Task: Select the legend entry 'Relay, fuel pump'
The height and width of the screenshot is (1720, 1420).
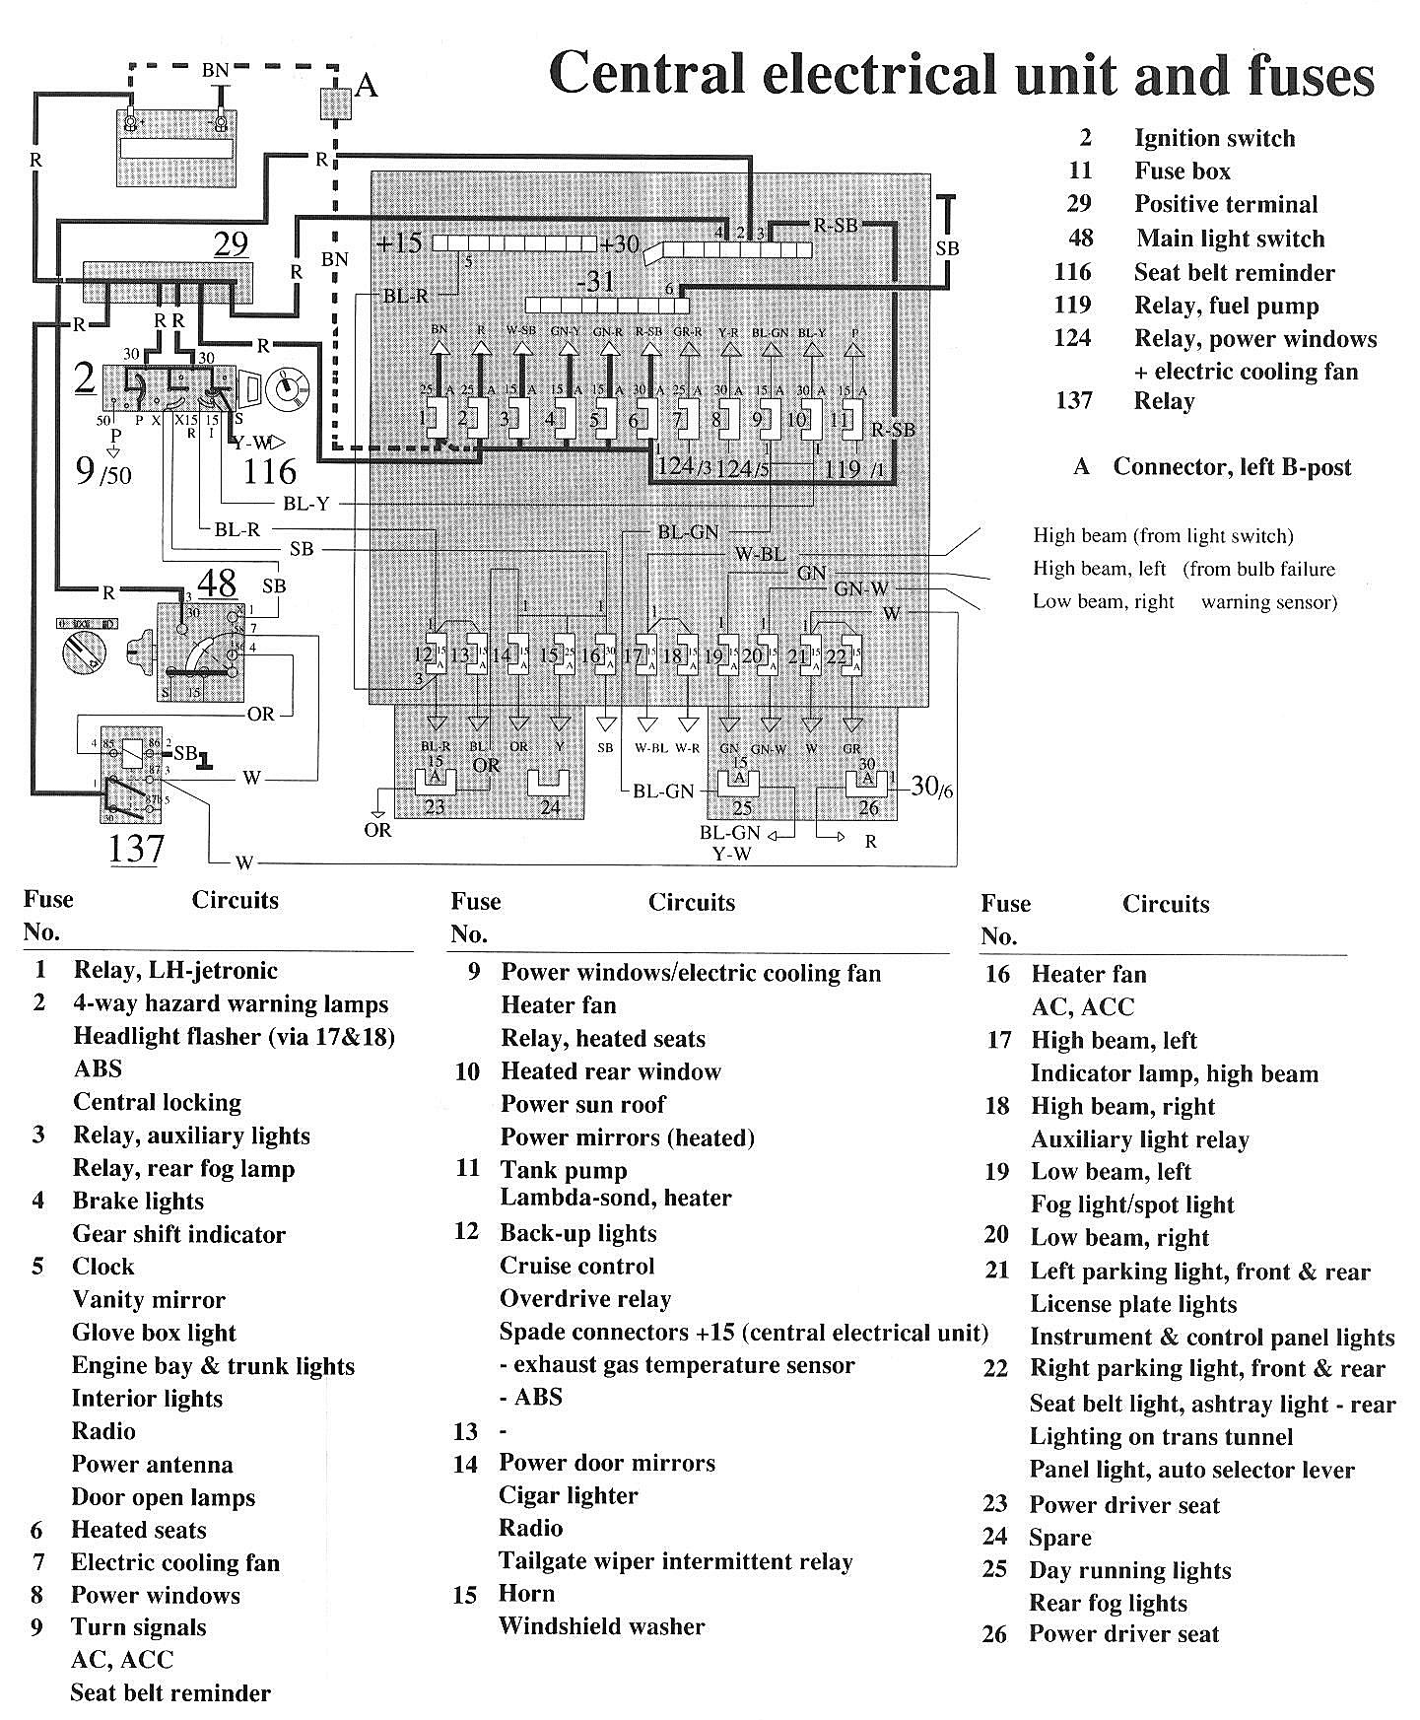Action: (x=1226, y=306)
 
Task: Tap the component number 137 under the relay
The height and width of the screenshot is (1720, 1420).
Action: (x=136, y=848)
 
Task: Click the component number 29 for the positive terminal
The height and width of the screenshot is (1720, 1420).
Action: (x=231, y=244)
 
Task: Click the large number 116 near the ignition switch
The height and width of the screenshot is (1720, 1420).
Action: (x=270, y=470)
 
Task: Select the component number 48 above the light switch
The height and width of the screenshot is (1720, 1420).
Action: (x=218, y=583)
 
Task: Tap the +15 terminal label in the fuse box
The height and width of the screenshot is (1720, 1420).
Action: (x=399, y=242)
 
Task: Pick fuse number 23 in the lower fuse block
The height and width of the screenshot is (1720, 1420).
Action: (x=434, y=807)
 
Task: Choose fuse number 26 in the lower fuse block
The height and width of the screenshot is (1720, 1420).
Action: (x=868, y=808)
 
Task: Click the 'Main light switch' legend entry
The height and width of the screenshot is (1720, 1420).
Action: (x=1230, y=239)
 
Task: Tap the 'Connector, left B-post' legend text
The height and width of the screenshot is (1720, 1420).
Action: (x=1232, y=467)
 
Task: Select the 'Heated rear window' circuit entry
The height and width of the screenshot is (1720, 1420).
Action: (x=611, y=1071)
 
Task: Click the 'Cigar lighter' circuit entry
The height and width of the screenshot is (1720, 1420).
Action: (x=569, y=1495)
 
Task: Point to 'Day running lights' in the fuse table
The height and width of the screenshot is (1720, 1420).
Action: (x=1130, y=1570)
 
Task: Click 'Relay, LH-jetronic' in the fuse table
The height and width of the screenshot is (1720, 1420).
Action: (x=175, y=970)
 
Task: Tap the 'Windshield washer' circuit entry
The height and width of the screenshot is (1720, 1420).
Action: (x=601, y=1626)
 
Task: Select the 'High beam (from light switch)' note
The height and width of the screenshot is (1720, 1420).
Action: (x=1163, y=536)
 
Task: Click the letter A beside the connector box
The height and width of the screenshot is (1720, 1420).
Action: (x=367, y=87)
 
